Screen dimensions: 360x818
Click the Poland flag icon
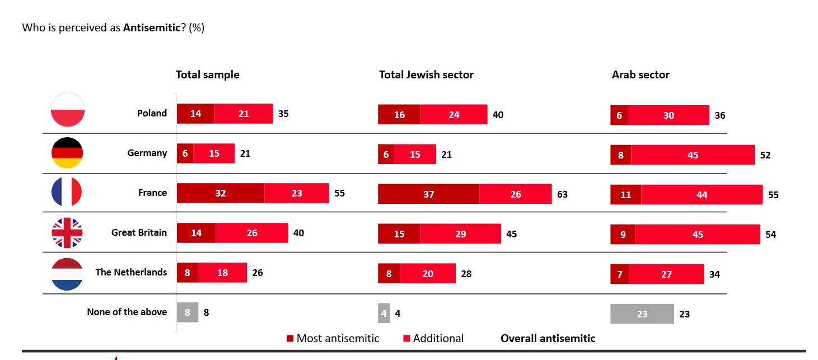68,110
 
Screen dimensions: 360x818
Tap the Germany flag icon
67,152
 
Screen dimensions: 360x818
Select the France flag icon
67,192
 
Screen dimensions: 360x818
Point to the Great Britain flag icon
67,232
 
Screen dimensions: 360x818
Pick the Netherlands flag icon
67,274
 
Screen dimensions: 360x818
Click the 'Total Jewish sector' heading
426,75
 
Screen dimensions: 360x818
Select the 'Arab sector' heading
641,75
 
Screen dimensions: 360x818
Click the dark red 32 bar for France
221,193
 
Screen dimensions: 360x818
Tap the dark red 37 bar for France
428,194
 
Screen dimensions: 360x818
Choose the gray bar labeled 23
642,314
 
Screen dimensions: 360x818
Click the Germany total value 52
765,155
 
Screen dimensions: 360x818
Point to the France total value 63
562,194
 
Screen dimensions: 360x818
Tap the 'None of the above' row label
127,312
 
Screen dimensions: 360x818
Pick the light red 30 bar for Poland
669,115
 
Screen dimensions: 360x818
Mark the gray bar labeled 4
384,314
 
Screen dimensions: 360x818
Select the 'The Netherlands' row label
131,272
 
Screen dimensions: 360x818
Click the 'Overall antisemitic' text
548,338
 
